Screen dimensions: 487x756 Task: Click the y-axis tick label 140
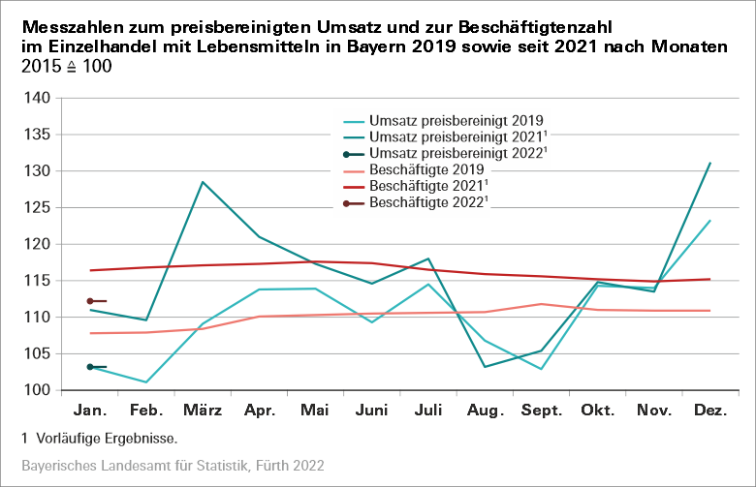click(37, 98)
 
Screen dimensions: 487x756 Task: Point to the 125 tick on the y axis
click(37, 244)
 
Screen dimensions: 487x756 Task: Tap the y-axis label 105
click(37, 353)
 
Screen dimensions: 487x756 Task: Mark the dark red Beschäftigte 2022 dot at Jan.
click(90, 301)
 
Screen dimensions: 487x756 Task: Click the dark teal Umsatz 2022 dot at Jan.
click(90, 367)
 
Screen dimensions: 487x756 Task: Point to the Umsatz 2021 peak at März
click(202, 182)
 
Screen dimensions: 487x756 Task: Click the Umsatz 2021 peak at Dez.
click(710, 163)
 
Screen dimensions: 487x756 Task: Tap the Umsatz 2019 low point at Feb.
click(145, 381)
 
